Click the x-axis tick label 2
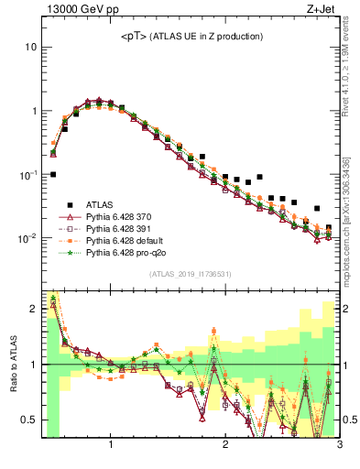(225, 445)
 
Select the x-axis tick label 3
(338, 445)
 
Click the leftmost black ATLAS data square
(53, 174)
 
